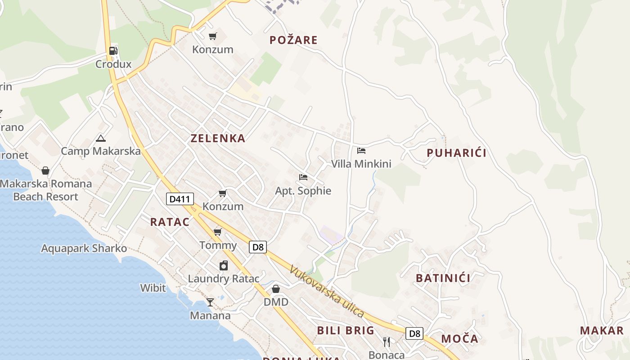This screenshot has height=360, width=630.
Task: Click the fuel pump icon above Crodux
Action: [113, 51]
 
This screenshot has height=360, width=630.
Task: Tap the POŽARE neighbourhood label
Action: [293, 40]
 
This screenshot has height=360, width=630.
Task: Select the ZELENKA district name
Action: [218, 138]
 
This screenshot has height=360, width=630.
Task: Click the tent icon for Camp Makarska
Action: [100, 138]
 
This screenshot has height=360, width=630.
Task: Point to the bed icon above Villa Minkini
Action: [361, 151]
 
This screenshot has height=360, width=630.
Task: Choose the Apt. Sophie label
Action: [303, 191]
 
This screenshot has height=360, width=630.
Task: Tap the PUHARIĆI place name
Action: [456, 153]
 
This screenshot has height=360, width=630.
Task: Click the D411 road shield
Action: [180, 199]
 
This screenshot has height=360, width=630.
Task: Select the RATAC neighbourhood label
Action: [170, 222]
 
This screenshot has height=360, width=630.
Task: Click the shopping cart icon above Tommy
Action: [218, 232]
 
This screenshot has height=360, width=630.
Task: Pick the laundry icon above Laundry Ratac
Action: [223, 265]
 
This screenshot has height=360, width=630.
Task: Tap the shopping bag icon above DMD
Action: [276, 288]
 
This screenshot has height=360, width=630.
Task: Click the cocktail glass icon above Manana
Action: [210, 302]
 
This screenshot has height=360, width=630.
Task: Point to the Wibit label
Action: [153, 288]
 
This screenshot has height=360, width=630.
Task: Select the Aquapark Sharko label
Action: [84, 248]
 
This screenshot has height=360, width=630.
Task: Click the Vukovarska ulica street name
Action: [326, 291]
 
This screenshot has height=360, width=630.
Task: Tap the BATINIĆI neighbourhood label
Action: [443, 278]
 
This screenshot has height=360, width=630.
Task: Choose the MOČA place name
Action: [459, 339]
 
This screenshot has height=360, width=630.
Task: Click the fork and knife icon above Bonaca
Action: [387, 342]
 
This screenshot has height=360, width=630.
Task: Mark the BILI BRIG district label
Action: [346, 330]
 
